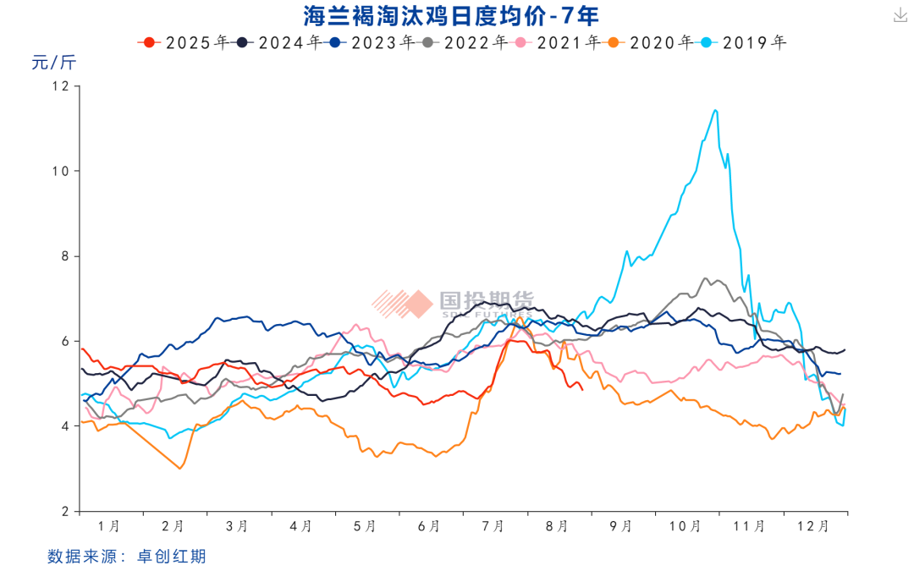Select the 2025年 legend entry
(x=184, y=41)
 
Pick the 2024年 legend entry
(x=277, y=41)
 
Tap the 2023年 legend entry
(x=370, y=41)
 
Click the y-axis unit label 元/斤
(x=54, y=63)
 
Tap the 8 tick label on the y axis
(x=65, y=256)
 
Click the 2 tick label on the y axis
(x=65, y=512)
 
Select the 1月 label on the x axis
(x=109, y=526)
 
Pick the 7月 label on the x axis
(x=493, y=526)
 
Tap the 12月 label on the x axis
(x=812, y=526)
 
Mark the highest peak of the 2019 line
(x=715, y=110)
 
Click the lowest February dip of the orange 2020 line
(x=179, y=468)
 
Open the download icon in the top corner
(x=898, y=14)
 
